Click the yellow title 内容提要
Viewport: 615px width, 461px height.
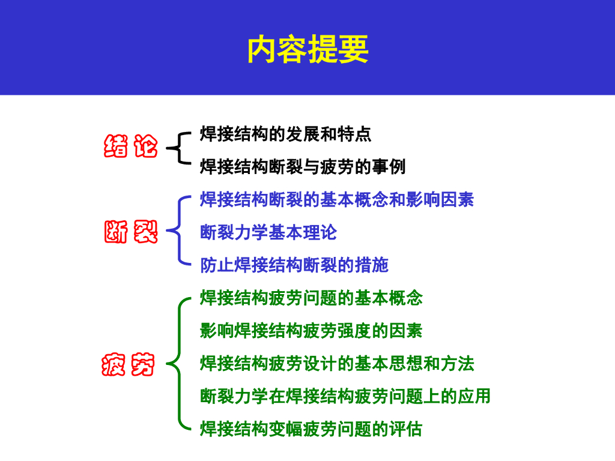[x=307, y=50]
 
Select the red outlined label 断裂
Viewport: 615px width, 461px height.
[x=130, y=232]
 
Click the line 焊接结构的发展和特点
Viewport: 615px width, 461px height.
[x=285, y=134]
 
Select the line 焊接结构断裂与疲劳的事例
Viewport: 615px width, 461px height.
[x=303, y=166]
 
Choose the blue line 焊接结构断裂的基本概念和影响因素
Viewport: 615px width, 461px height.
[x=337, y=199]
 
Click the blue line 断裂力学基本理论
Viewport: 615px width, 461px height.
[x=268, y=232]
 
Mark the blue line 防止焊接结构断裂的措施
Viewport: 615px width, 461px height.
[x=294, y=265]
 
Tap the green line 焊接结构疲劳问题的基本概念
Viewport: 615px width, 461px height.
[x=311, y=298]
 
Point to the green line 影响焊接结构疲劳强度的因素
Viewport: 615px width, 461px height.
[x=311, y=331]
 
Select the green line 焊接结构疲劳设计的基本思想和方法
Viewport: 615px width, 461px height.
[x=337, y=363]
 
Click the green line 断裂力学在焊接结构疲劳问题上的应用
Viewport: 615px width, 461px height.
[x=345, y=396]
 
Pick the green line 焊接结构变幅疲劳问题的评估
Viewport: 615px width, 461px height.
[x=311, y=429]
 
